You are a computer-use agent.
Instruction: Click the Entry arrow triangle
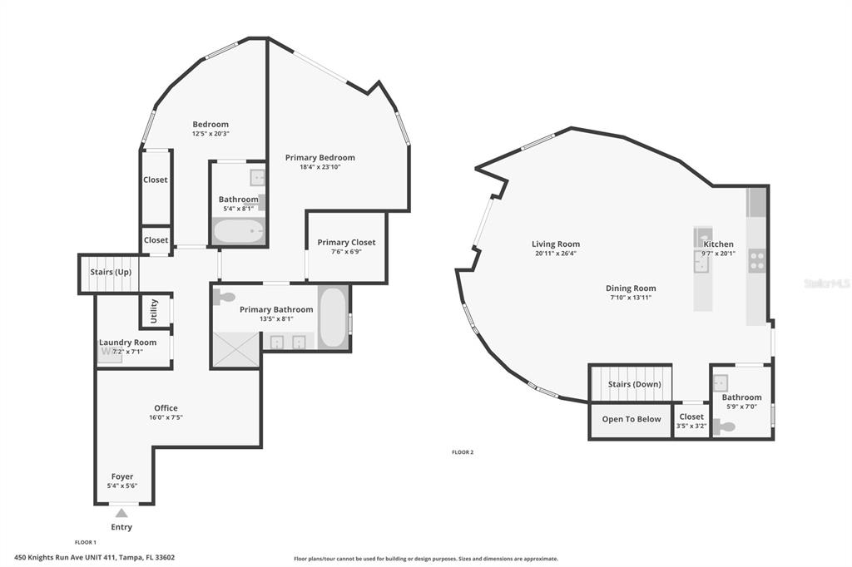click(x=121, y=513)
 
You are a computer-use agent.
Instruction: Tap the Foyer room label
click(x=122, y=476)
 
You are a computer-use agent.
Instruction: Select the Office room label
click(x=166, y=408)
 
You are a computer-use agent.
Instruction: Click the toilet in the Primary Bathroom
click(x=223, y=297)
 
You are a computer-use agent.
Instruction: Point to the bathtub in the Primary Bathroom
click(x=333, y=318)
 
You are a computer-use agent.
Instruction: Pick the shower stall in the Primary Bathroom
click(x=236, y=349)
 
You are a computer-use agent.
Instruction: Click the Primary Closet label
click(x=346, y=242)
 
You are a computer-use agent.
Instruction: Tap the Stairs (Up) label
click(x=111, y=272)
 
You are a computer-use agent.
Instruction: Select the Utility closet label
click(x=154, y=311)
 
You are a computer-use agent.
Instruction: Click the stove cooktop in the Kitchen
click(x=757, y=260)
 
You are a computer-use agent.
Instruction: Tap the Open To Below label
click(x=632, y=419)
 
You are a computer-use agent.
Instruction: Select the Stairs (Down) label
click(x=635, y=384)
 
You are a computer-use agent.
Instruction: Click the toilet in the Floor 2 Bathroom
click(x=724, y=426)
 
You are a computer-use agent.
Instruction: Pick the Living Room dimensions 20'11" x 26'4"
click(x=555, y=253)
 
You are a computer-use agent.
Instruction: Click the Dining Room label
click(x=631, y=288)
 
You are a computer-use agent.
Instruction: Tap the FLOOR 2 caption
click(x=463, y=452)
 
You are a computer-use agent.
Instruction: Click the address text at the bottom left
click(x=95, y=557)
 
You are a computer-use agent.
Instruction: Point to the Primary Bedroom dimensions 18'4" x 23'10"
click(x=320, y=167)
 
